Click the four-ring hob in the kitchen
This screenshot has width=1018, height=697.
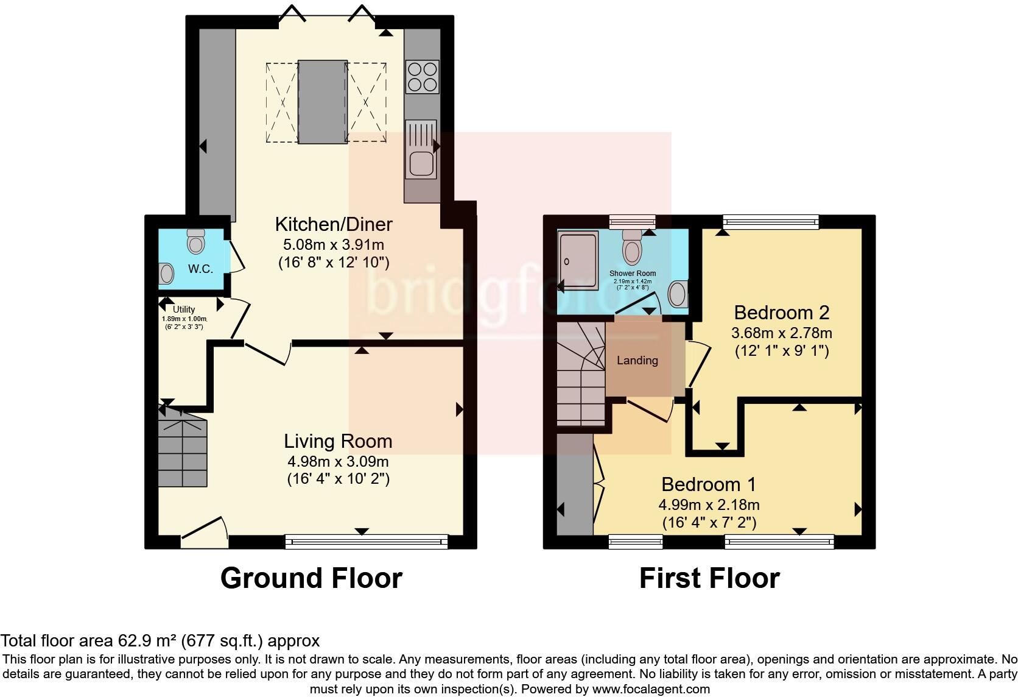pos(422,76)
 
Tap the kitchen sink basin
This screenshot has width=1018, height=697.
pos(421,164)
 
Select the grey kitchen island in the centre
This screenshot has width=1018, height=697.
pos(322,101)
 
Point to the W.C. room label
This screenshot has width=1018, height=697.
pos(200,269)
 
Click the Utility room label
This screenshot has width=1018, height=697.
pos(183,310)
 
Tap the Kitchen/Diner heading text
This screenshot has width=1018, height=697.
pos(334,224)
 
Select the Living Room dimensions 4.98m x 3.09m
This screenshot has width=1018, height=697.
pos(338,461)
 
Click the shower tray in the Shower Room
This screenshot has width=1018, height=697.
pos(578,260)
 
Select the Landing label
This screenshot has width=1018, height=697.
pos(637,360)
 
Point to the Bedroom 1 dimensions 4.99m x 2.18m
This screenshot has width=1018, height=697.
pos(709,504)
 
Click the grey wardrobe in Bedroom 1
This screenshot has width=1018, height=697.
pos(575,484)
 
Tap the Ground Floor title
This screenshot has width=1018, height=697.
pos(311,578)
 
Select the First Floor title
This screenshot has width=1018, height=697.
pos(709,578)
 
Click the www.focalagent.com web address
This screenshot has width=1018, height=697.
pos(650,689)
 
